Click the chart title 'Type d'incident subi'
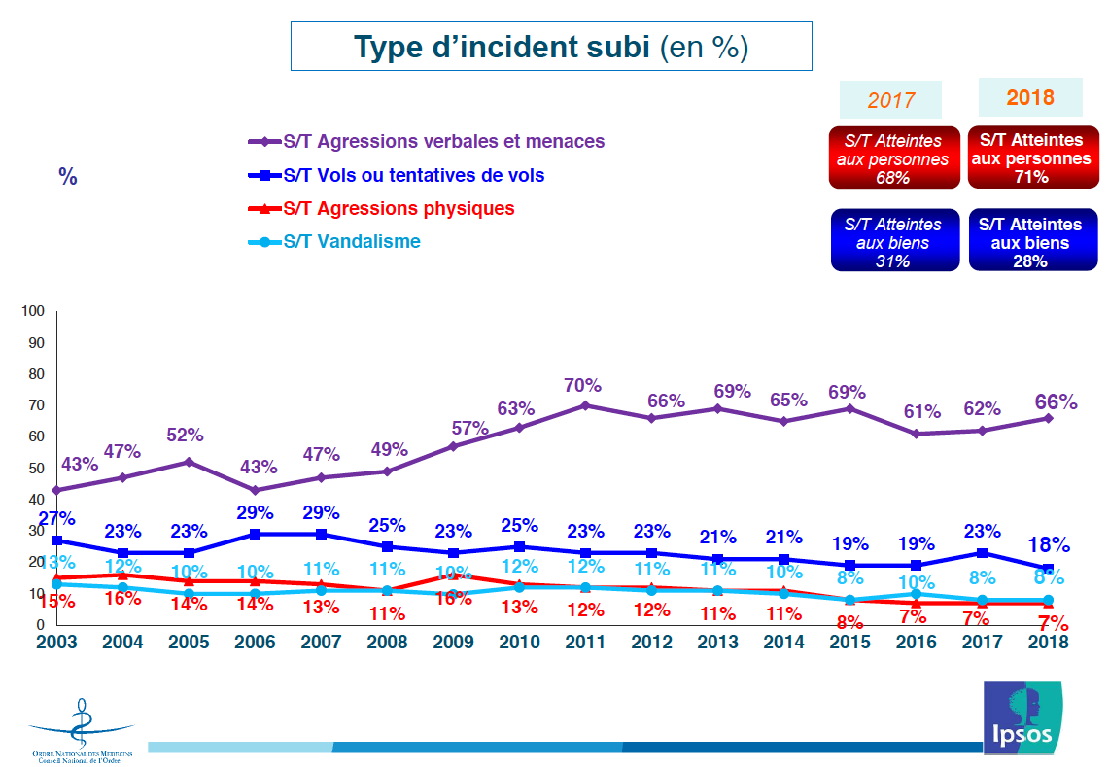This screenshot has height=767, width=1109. [550, 47]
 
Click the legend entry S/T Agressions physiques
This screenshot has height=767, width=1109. [399, 208]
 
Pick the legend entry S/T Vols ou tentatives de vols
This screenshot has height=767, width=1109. [413, 175]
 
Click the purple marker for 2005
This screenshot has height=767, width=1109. [189, 462]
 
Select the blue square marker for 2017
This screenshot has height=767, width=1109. [984, 553]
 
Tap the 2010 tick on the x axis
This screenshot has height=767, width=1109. [519, 643]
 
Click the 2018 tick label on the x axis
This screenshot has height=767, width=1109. [1048, 643]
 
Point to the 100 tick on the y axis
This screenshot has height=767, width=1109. [34, 311]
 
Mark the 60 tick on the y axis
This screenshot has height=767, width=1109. [37, 436]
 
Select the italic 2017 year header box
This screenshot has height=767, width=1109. [891, 100]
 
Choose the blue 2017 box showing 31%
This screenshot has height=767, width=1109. [894, 241]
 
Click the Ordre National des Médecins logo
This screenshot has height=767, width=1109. [82, 729]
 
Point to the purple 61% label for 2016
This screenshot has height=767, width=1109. [915, 411]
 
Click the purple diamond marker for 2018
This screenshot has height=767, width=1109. [1049, 418]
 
